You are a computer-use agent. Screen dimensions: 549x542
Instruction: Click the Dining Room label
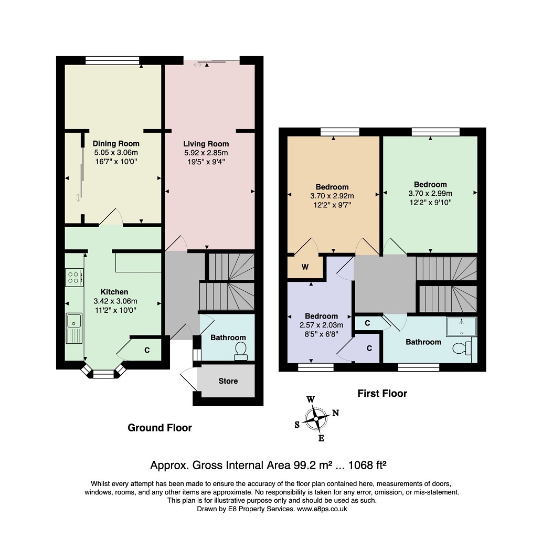[116, 143]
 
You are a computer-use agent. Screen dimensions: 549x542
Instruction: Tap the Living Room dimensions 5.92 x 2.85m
[206, 153]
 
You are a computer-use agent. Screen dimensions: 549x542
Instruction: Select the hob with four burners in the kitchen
[74, 277]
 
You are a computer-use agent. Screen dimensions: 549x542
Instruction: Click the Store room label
[228, 381]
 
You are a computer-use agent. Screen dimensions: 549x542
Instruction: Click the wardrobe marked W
[305, 267]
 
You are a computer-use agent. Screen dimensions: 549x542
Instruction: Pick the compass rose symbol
[317, 419]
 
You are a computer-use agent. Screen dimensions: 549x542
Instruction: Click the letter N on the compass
[335, 413]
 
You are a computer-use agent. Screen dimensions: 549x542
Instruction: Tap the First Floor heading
[382, 393]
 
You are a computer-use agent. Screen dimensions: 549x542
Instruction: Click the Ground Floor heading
[160, 428]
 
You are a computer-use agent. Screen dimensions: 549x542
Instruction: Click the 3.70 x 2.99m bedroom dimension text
[430, 193]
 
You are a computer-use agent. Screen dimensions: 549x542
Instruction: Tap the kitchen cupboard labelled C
[147, 350]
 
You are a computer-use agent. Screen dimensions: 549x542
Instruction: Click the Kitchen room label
[114, 292]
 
